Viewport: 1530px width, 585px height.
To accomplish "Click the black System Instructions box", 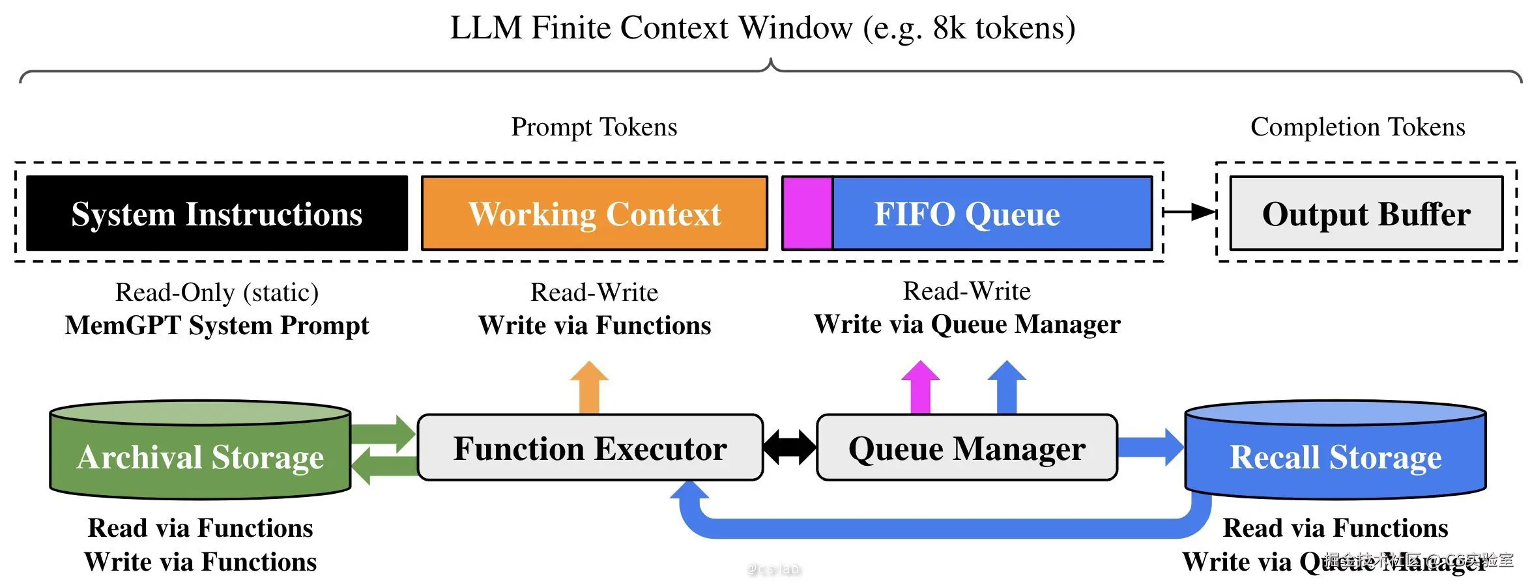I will click(217, 213).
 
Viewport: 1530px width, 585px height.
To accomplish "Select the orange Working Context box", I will click(594, 213).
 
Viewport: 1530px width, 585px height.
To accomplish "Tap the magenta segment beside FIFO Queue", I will click(807, 213).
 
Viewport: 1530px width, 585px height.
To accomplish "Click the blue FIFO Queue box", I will click(992, 213).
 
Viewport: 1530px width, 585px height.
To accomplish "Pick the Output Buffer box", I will click(1366, 213).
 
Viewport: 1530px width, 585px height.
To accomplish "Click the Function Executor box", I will click(590, 448).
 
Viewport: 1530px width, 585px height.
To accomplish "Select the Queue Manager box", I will click(967, 448).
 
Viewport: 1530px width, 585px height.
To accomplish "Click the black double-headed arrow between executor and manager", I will click(790, 448).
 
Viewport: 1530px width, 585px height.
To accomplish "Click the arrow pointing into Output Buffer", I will click(1189, 212).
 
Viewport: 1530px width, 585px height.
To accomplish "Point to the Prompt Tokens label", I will click(594, 126).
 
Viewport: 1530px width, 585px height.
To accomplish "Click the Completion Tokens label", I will click(1357, 126).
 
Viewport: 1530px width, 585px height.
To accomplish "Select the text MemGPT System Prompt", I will click(217, 325).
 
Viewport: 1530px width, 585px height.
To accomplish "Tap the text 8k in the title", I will click(949, 28).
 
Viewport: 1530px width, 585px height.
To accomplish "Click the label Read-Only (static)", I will click(217, 292).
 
